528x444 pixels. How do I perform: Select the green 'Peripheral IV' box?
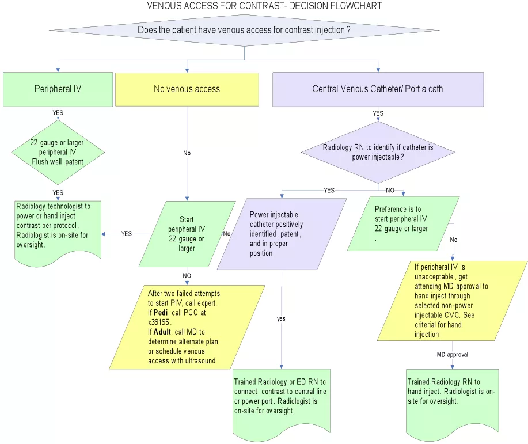pyautogui.click(x=58, y=89)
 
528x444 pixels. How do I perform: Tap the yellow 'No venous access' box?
pyautogui.click(x=187, y=89)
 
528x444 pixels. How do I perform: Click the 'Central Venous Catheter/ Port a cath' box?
pyautogui.click(x=378, y=89)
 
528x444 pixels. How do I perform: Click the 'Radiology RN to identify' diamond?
pyautogui.click(x=378, y=152)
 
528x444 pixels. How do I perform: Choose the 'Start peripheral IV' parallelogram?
pyautogui.click(x=187, y=234)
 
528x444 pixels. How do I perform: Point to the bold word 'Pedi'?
pyautogui.click(x=161, y=312)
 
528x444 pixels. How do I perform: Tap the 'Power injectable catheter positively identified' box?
pyautogui.click(x=282, y=234)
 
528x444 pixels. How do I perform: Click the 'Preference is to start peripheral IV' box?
pyautogui.click(x=403, y=223)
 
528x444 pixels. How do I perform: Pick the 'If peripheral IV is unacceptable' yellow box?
pyautogui.click(x=453, y=301)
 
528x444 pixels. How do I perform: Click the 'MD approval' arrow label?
pyautogui.click(x=452, y=355)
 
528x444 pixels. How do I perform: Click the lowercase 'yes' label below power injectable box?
pyautogui.click(x=281, y=318)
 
